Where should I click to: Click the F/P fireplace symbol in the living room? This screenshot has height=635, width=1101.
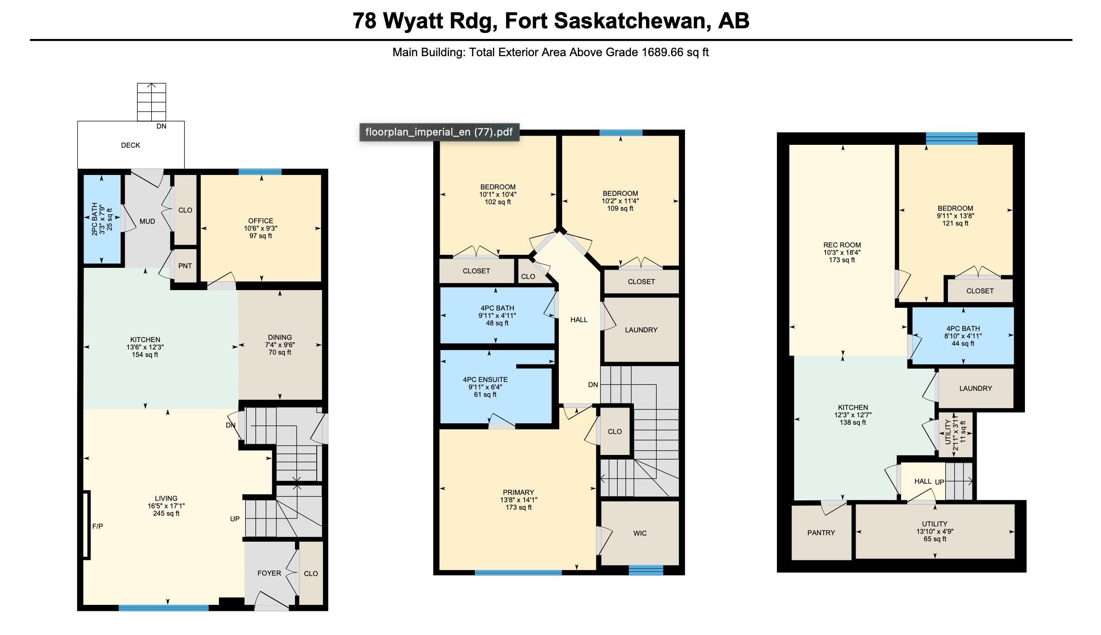coord(86,525)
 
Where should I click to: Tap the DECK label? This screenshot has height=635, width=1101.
coord(130,145)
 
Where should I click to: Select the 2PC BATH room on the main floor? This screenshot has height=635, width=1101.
coord(102,219)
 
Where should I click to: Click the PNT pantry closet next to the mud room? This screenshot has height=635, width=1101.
coord(185,266)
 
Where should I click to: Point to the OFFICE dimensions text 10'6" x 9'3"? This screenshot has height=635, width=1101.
coord(261,228)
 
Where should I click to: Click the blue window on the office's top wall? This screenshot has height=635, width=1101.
coord(260,172)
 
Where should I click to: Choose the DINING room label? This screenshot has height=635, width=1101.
coord(280,337)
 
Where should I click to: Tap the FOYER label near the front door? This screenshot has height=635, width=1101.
coord(269,573)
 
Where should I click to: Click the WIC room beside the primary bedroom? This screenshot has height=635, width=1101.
coord(640,533)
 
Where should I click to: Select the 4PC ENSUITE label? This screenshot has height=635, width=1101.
coord(485,380)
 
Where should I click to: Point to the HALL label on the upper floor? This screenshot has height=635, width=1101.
coord(579,320)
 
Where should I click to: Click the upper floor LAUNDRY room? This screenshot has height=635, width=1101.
coord(641,330)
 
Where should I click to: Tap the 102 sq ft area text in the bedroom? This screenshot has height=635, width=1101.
coord(498,202)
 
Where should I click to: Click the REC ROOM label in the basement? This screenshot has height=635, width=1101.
coord(842,245)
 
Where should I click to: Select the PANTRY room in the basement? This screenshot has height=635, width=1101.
coord(821,533)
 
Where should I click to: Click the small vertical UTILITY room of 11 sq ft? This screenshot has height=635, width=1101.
coord(954,434)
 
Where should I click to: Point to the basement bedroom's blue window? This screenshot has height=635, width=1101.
coord(952,138)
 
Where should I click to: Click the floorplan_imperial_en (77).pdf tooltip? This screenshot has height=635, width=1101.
coord(439,132)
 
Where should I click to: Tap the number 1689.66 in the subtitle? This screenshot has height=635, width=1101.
coord(662,52)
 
